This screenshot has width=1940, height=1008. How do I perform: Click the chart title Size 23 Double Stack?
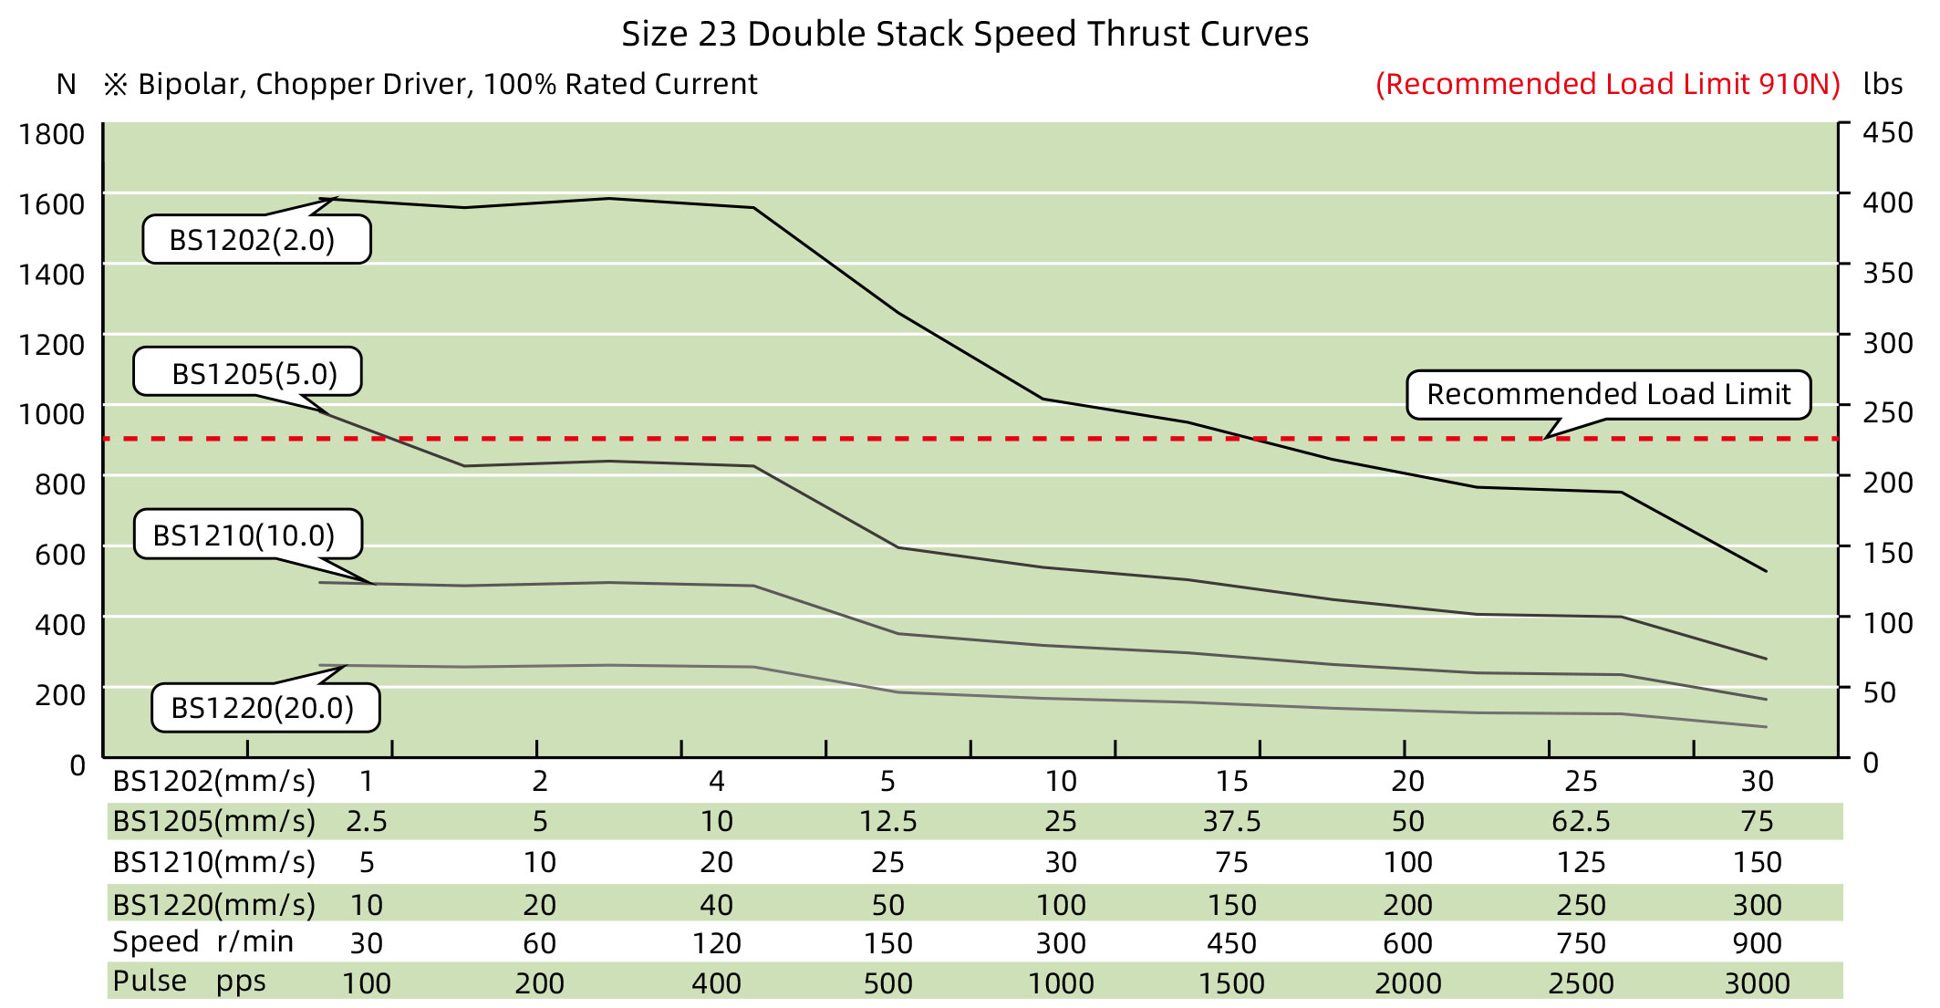965,35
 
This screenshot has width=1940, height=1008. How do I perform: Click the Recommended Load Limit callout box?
1608,394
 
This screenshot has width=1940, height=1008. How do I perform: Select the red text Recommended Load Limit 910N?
1607,84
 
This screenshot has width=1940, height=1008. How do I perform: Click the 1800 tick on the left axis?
52,134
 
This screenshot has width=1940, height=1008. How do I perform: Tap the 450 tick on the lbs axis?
1887,132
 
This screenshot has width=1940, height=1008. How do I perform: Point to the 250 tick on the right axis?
1887,412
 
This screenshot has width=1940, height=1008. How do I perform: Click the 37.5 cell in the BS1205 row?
1231,821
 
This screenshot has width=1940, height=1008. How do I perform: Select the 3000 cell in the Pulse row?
1757,983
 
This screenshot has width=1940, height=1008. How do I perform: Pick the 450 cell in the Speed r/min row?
1231,943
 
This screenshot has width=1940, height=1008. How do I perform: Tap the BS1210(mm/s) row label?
213,862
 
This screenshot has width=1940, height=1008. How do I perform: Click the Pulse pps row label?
190,982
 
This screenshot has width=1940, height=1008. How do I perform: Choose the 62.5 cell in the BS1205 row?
1581,821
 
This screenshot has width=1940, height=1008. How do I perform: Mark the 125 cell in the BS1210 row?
1581,862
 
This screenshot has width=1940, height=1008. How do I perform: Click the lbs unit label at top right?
1883,84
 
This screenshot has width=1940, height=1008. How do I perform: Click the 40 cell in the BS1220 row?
716,905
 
